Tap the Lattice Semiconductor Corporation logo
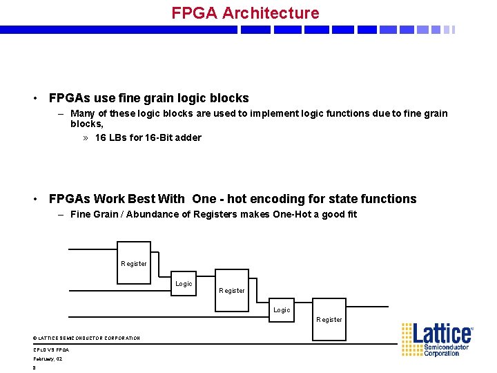pyautogui.click(x=438, y=339)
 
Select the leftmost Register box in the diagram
pyautogui.click(x=134, y=262)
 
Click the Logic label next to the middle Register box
pyautogui.click(x=184, y=284)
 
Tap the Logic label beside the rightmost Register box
pyautogui.click(x=282, y=310)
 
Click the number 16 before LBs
pyautogui.click(x=101, y=137)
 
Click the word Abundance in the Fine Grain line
pyautogui.click(x=148, y=214)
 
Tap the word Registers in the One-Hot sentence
pyautogui.click(x=215, y=214)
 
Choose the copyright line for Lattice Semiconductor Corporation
pyautogui.click(x=86, y=338)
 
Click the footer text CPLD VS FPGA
pyautogui.click(x=51, y=350)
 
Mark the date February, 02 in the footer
pyautogui.click(x=48, y=359)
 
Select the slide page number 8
pyautogui.click(x=34, y=368)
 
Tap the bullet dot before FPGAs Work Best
pyautogui.click(x=35, y=200)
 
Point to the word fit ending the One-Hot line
pyautogui.click(x=351, y=214)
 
